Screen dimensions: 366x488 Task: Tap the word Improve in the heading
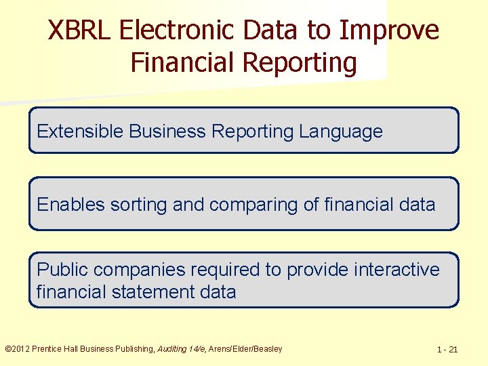tap(390, 30)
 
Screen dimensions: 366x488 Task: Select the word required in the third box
tap(226, 270)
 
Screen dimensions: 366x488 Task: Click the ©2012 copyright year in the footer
tap(18, 349)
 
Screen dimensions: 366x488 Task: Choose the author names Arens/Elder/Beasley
tap(245, 349)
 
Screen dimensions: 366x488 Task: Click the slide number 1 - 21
tap(447, 350)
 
